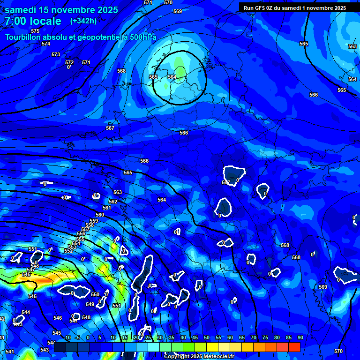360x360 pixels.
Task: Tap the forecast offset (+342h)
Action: [83, 21]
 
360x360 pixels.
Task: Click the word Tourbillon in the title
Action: [23, 37]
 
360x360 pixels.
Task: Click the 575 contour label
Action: [35, 31]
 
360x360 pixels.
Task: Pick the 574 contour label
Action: [45, 44]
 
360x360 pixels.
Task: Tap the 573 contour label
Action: [56, 55]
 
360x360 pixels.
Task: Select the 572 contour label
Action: [69, 62]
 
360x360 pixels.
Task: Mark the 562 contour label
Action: [113, 202]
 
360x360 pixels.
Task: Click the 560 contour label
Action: [100, 215]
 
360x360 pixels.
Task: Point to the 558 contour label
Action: [90, 225]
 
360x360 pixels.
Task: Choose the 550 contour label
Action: [95, 295]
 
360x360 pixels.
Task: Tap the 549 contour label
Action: [90, 304]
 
